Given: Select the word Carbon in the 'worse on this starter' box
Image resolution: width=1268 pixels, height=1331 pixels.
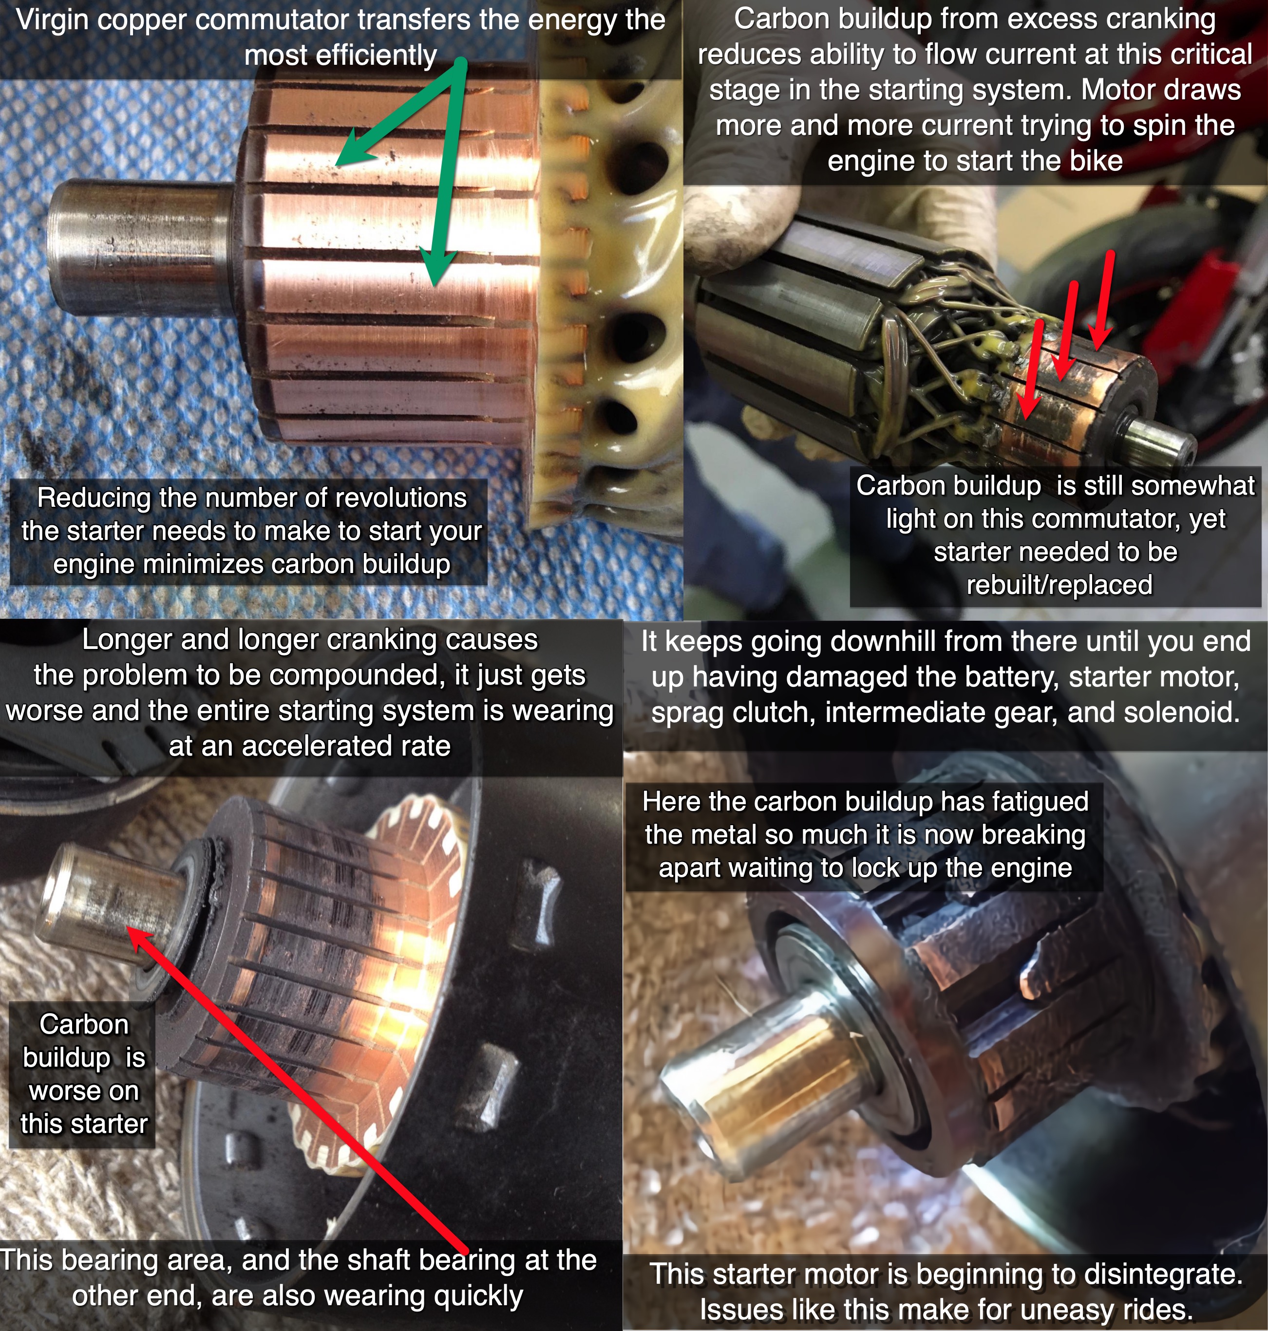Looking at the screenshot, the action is coord(84,1024).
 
